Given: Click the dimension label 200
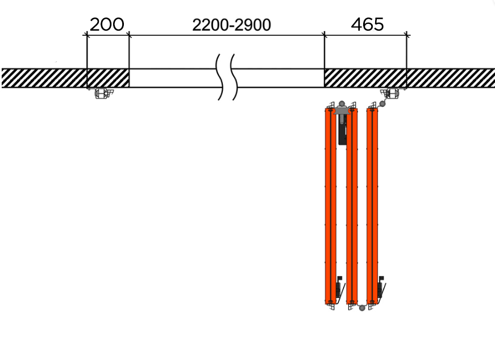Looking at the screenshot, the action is tap(107, 24).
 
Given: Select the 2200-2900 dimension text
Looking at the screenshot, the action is tap(231, 25).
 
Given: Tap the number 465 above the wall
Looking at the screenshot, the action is tap(367, 24).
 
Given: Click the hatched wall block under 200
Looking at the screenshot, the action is tap(108, 78).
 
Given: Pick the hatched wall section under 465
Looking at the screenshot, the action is tap(365, 78).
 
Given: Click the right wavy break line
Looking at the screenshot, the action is tap(234, 77).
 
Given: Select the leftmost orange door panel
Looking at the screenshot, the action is tap(331, 206).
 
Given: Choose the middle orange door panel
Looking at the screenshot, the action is tap(352, 206).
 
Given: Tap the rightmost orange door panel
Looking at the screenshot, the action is tap(372, 206).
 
